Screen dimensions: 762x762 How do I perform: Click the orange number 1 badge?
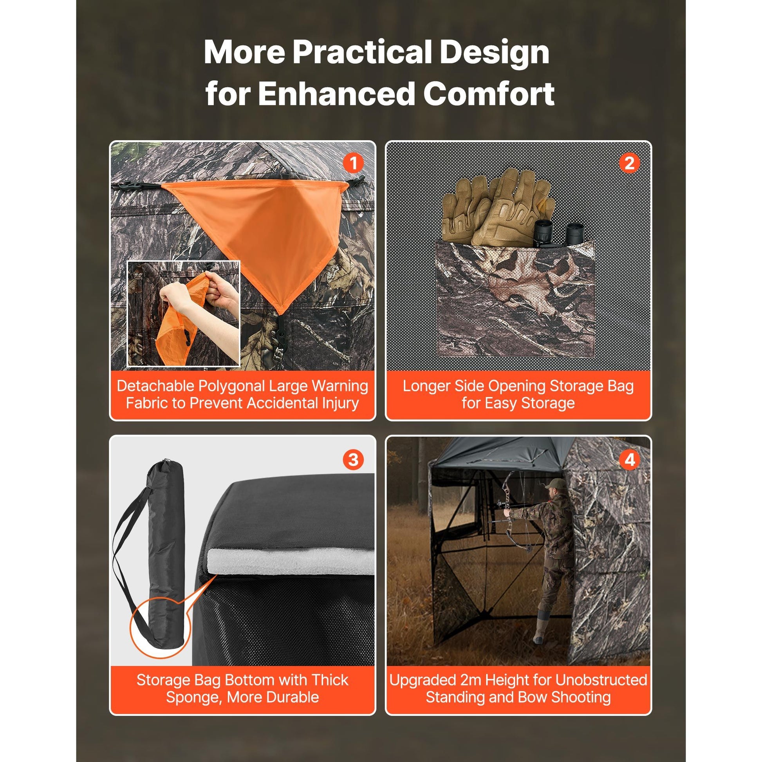[353, 163]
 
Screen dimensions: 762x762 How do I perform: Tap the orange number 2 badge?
[630, 163]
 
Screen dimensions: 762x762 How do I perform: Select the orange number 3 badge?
[353, 459]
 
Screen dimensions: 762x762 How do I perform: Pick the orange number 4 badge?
[630, 459]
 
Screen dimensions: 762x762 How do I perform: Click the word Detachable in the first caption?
[155, 386]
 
